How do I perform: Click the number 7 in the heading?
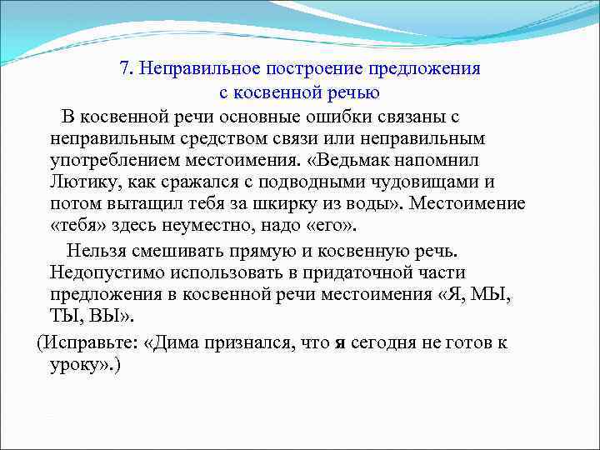coord(124,68)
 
